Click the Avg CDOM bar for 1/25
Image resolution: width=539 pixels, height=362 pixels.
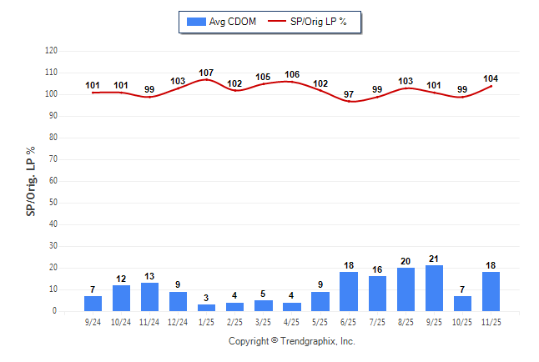pyautogui.click(x=206, y=308)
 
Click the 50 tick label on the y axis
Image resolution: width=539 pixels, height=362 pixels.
pyautogui.click(x=53, y=203)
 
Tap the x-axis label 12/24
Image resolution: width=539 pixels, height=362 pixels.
pyautogui.click(x=178, y=322)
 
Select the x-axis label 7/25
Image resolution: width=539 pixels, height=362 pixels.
pyautogui.click(x=377, y=322)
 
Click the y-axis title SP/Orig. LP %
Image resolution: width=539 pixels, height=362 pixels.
pyautogui.click(x=31, y=180)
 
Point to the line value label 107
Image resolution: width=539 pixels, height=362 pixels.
pyautogui.click(x=206, y=73)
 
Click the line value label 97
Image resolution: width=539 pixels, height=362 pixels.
pyautogui.click(x=349, y=94)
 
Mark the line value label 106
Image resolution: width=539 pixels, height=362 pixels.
pyautogui.click(x=292, y=74)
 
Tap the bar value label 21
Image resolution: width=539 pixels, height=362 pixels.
pyautogui.click(x=434, y=259)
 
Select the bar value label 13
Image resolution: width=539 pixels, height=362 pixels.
pyautogui.click(x=149, y=276)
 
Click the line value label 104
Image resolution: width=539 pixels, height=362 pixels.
pyautogui.click(x=491, y=78)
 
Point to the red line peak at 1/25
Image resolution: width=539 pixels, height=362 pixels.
pyautogui.click(x=206, y=80)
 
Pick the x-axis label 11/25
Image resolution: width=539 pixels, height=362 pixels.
pyautogui.click(x=491, y=322)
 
